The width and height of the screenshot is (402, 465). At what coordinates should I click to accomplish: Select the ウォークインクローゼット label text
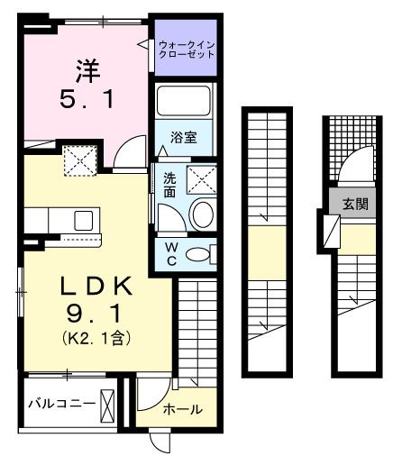[186, 48]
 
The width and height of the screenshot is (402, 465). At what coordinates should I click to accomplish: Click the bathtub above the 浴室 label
[186, 101]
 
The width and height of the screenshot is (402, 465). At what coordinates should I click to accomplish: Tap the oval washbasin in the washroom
[203, 215]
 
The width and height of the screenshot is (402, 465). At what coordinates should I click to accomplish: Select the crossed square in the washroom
[203, 179]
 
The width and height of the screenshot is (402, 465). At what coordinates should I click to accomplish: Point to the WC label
[169, 253]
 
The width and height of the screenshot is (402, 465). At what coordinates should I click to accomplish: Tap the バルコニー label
[61, 403]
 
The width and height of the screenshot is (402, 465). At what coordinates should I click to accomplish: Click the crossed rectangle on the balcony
[109, 404]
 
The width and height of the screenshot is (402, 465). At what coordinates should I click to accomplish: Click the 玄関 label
[353, 204]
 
